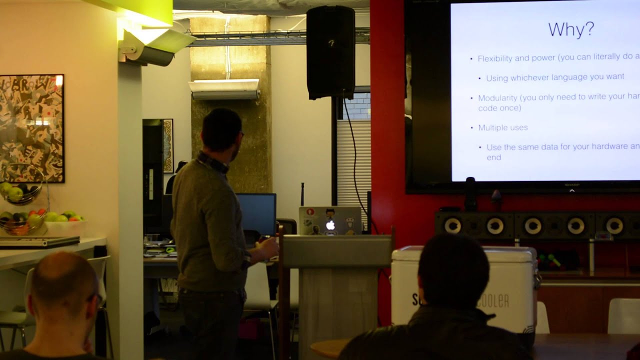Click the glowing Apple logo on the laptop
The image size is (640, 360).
click(x=330, y=225)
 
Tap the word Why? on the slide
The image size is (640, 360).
click(x=571, y=29)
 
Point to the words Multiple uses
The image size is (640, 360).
click(x=502, y=127)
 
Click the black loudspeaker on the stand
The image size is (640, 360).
click(x=330, y=52)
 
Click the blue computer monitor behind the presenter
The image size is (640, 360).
click(x=256, y=213)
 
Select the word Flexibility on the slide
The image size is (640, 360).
click(x=495, y=58)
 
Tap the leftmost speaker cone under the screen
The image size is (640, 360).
click(x=452, y=225)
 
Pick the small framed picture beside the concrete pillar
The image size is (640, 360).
click(x=168, y=145)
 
